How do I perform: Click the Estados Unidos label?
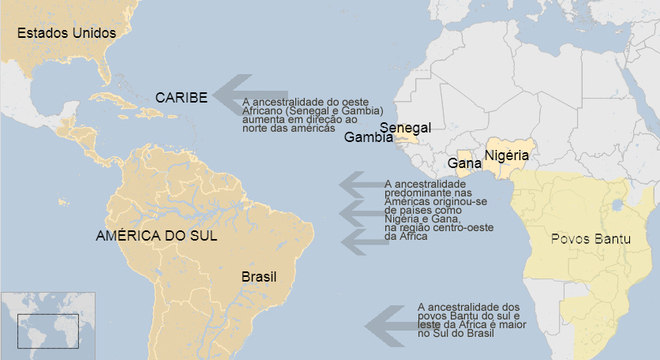coord(61,33)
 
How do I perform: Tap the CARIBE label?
coord(181,97)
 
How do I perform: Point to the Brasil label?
coord(259,276)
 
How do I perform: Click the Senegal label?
coord(406,128)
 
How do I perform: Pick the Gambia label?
coord(368,139)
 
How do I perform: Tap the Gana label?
coord(464,162)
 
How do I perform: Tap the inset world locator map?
coord(47,325)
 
